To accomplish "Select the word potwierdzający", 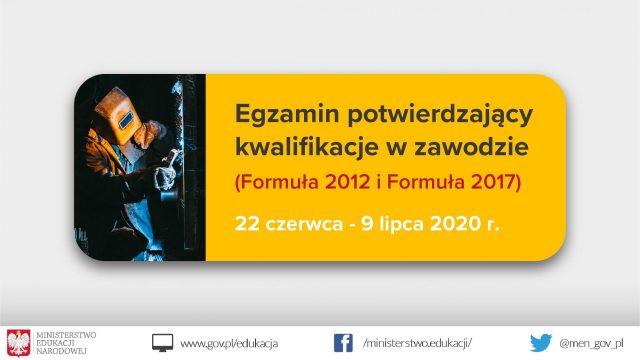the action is pyautogui.click(x=440, y=115).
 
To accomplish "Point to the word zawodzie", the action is pyautogui.click(x=471, y=147).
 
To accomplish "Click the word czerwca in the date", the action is pyautogui.click(x=304, y=224).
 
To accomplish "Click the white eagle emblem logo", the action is pyautogui.click(x=18, y=343).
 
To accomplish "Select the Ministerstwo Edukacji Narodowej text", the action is pyautogui.click(x=66, y=343).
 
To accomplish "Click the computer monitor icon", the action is pyautogui.click(x=162, y=343).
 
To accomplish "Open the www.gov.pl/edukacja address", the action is pyautogui.click(x=229, y=344).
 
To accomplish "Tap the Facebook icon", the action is pyautogui.click(x=343, y=343).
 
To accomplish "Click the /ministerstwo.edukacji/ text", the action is pyautogui.click(x=417, y=343).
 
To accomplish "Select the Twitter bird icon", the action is pyautogui.click(x=541, y=343).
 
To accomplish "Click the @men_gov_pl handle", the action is pyautogui.click(x=591, y=344).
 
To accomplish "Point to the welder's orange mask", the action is pyautogui.click(x=118, y=116).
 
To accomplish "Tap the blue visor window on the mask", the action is pyautogui.click(x=126, y=120).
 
